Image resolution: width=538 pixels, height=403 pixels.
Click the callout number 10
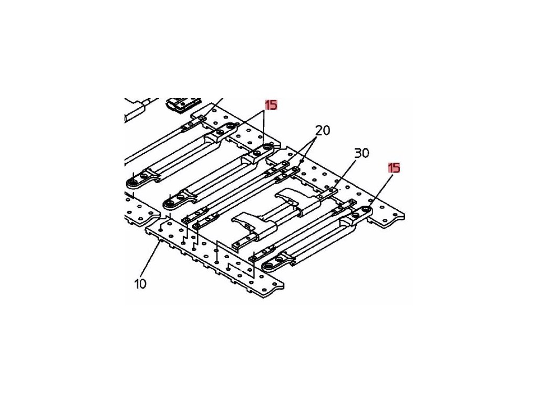(140, 284)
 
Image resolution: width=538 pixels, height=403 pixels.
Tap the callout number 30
(361, 153)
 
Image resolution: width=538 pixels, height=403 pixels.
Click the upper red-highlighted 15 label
(271, 105)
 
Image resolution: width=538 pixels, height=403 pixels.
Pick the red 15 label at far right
(394, 168)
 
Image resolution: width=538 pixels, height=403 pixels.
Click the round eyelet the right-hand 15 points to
(363, 211)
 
